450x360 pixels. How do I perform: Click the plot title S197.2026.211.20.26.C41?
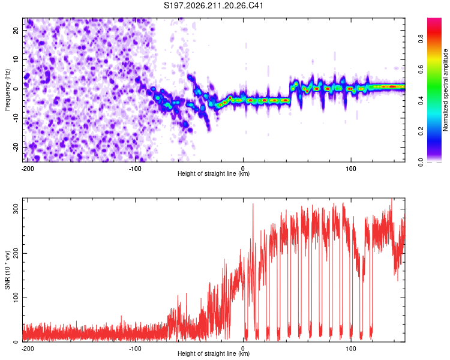[x=214, y=5]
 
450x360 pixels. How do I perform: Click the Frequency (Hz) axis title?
[x=7, y=90]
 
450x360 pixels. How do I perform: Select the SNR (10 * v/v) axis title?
[x=7, y=270]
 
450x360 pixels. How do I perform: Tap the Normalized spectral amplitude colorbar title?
[x=445, y=90]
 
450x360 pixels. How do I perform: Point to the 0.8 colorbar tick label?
[x=421, y=38]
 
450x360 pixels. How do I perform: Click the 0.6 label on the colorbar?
[x=421, y=69]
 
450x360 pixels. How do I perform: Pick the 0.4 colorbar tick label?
[x=421, y=100]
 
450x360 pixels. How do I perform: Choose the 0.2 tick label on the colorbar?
[x=421, y=131]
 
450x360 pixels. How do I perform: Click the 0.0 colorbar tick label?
[x=421, y=162]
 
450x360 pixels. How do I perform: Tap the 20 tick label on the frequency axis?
[x=16, y=30]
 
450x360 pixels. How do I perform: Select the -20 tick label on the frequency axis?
[x=16, y=148]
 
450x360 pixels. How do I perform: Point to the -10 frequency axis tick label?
[x=16, y=118]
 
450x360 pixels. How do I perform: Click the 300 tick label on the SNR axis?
[x=16, y=209]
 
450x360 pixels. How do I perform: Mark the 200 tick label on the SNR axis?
[x=16, y=253]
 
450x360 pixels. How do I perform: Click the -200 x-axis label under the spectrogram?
[x=28, y=169]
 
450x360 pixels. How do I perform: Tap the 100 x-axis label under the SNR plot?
[x=351, y=349]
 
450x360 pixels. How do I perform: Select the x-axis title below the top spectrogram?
[x=214, y=173]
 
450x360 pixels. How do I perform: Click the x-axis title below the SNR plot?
[x=214, y=353]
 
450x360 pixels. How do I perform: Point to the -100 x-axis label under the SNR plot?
[x=135, y=349]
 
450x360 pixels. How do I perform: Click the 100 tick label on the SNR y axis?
[x=16, y=298]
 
